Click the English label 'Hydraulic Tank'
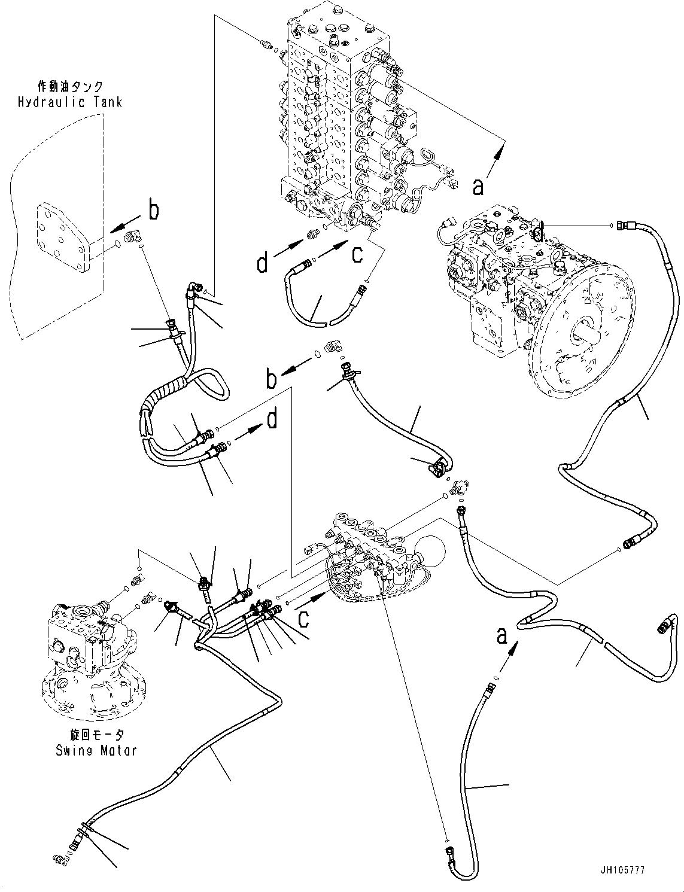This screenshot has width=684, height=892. (69, 102)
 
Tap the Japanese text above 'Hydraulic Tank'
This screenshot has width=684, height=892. (71, 87)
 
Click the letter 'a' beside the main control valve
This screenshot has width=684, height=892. (478, 187)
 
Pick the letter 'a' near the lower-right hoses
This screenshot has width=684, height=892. (501, 634)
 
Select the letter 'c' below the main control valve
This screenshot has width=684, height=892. (357, 255)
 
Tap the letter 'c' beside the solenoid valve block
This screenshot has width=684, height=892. (304, 619)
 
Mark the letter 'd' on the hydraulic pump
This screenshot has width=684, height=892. (539, 233)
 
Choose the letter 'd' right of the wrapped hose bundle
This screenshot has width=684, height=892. (272, 420)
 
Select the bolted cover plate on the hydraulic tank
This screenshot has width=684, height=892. (63, 239)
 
